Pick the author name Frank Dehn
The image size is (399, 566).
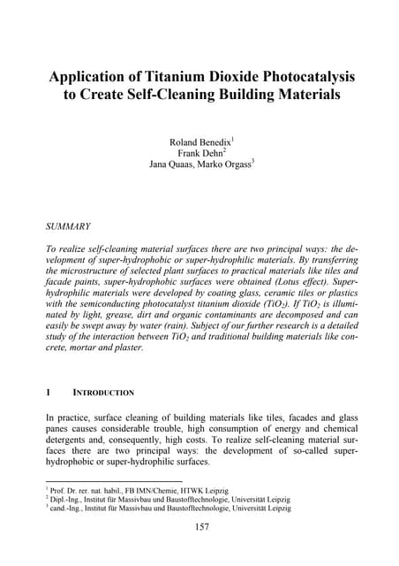[198, 152]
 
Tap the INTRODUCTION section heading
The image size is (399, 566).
[97, 392]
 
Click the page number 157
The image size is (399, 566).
[199, 528]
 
